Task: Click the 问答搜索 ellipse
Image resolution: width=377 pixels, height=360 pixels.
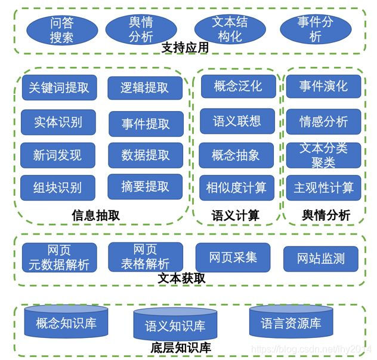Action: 62,30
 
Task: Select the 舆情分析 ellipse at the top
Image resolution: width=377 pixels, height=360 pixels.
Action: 141,30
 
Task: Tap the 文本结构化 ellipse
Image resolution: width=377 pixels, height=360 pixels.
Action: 230,29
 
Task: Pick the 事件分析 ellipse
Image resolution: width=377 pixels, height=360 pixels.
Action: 316,29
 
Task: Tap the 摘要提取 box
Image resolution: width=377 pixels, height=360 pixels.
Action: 146,187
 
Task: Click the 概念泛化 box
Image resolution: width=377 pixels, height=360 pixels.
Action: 238,87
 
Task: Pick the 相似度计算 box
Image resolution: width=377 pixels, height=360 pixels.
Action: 237,188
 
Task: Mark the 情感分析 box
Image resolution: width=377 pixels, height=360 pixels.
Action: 323,122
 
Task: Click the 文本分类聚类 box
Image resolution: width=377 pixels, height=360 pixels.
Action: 323,155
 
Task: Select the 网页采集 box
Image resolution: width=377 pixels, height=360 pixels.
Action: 233,258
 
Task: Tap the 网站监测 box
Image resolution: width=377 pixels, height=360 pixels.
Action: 320,259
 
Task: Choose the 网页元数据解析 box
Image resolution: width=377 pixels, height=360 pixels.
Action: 58,257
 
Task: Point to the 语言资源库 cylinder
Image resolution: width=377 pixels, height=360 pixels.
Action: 291,322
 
